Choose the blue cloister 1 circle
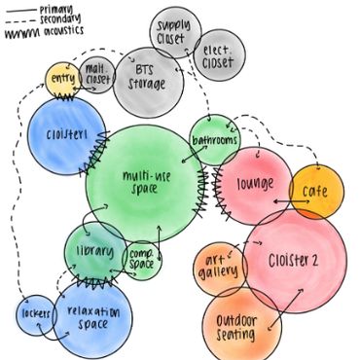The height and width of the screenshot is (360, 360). click(65, 134)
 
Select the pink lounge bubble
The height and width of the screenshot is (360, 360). click(255, 183)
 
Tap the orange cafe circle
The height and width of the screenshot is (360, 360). click(316, 192)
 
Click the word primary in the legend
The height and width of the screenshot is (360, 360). click(54, 9)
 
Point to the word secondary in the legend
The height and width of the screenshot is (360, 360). click(58, 19)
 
